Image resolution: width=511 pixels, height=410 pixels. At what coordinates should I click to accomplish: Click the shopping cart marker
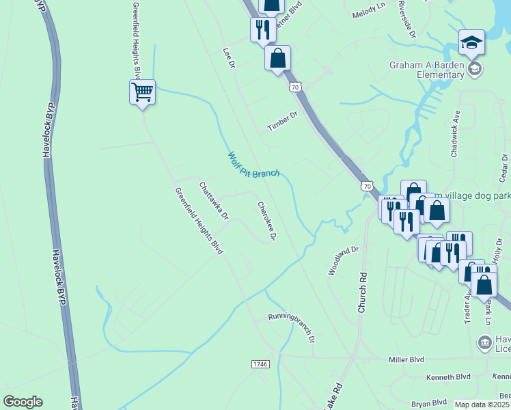click(142, 92)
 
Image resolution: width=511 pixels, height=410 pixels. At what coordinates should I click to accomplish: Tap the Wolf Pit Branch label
click(253, 165)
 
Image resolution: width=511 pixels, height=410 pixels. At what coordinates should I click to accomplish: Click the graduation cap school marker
click(471, 44)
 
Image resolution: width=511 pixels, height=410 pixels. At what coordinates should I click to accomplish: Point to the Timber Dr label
click(283, 122)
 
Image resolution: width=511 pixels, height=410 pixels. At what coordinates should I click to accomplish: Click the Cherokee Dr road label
click(266, 221)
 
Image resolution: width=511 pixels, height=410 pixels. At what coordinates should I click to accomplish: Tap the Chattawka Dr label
click(213, 199)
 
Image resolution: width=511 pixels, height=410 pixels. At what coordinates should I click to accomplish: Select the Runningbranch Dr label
click(291, 327)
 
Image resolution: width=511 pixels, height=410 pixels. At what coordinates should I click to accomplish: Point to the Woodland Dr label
click(343, 260)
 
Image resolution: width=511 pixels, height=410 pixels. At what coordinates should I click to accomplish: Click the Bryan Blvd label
click(429, 403)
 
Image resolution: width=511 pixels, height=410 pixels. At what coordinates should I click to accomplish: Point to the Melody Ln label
click(369, 14)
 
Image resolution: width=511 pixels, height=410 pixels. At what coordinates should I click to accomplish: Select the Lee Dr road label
click(229, 57)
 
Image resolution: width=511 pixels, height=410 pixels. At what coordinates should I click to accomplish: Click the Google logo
click(23, 402)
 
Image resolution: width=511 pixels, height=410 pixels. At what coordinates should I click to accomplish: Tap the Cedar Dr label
click(504, 168)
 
